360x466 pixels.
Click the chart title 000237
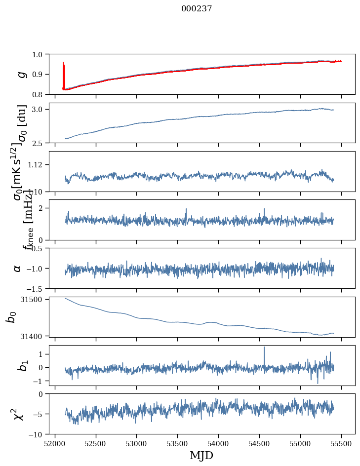[x=197, y=8]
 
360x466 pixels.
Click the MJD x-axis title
[x=201, y=456]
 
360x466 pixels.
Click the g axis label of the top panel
[x=21, y=74]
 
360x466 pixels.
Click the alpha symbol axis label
[x=18, y=268]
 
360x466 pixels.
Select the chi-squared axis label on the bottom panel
[x=19, y=414]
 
